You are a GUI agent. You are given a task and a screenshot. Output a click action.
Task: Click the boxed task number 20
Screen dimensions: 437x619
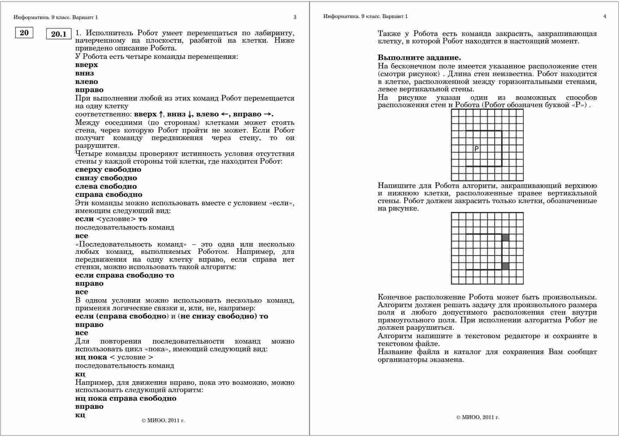point(24,33)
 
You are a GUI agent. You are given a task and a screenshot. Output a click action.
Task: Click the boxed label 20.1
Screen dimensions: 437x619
point(59,34)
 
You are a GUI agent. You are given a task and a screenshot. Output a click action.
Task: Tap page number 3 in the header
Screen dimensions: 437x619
point(295,17)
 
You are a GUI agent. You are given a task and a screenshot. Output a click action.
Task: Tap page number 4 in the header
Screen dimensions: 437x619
point(605,16)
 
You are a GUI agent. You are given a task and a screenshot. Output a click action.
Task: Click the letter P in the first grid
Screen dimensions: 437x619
point(476,148)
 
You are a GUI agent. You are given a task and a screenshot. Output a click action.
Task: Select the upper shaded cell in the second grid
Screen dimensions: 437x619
point(505,238)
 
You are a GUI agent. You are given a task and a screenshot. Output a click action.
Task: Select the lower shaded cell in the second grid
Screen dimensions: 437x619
point(505,266)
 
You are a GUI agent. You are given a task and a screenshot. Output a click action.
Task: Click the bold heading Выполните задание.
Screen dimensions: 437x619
point(419,57)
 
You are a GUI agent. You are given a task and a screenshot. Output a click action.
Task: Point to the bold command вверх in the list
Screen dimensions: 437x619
point(86,65)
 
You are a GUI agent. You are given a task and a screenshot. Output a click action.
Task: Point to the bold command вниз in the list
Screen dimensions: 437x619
point(84,73)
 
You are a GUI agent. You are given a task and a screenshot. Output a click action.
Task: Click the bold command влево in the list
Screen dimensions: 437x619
point(86,81)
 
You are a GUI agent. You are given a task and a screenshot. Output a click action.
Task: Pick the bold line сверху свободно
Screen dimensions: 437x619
point(108,170)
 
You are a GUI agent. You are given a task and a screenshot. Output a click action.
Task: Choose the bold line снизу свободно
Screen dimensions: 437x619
point(106,178)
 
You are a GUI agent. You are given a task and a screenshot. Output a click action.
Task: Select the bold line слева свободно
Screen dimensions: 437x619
point(106,186)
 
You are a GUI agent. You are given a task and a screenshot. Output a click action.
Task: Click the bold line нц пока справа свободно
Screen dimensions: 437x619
point(126,398)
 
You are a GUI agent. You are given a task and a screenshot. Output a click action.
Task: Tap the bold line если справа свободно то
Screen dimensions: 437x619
point(125,275)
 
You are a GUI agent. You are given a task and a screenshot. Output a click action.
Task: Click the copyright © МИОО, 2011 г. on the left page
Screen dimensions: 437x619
point(163,420)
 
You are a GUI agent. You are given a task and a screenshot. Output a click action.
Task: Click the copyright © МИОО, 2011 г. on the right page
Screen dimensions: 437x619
point(477,417)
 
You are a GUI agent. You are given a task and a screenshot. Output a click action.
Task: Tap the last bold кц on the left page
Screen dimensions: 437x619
point(80,415)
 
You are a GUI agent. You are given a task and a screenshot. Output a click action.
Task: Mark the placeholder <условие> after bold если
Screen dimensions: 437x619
point(116,219)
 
